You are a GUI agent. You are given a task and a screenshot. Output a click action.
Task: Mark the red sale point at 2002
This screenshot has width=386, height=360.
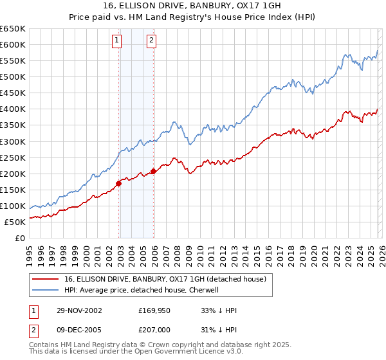(x=119, y=183)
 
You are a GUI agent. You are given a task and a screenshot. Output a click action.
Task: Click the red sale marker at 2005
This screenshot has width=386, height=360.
(x=153, y=171)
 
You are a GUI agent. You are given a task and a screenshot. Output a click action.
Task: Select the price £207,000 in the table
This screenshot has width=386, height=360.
(x=156, y=330)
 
